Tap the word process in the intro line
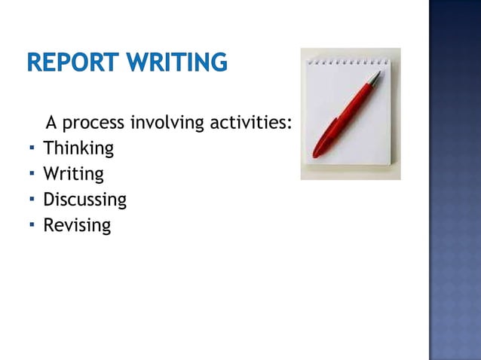pyautogui.click(x=100, y=123)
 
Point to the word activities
pyautogui.click(x=247, y=123)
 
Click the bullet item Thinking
pyautogui.click(x=78, y=148)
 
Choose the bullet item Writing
pyautogui.click(x=73, y=174)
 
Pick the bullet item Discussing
pyautogui.click(x=84, y=200)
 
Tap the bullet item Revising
pyautogui.click(x=77, y=225)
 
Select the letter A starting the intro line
pyautogui.click(x=52, y=123)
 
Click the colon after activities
pyautogui.click(x=289, y=124)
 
